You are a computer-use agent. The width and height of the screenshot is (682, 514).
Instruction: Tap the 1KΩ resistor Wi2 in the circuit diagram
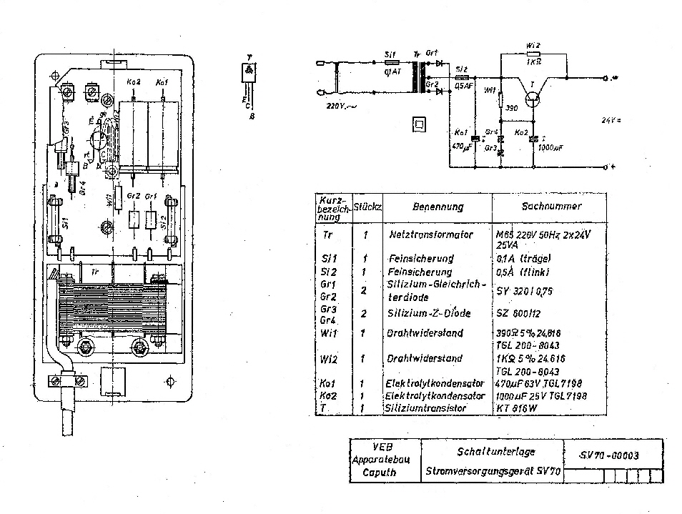[533, 54]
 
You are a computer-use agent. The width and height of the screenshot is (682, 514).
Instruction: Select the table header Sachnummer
[548, 206]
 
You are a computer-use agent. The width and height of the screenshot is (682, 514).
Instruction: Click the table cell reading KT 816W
[517, 407]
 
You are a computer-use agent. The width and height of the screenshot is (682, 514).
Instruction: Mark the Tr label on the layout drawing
[95, 272]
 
